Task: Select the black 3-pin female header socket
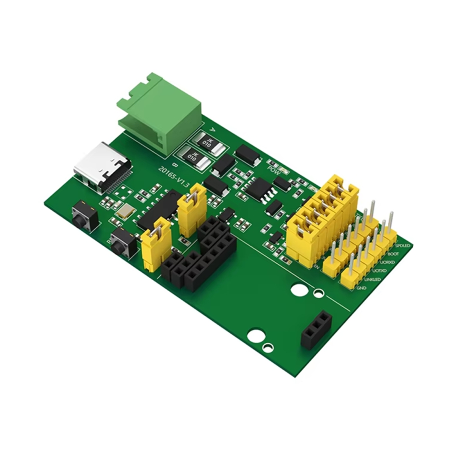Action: (x=316, y=329)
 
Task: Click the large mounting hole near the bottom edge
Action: (x=255, y=335)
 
